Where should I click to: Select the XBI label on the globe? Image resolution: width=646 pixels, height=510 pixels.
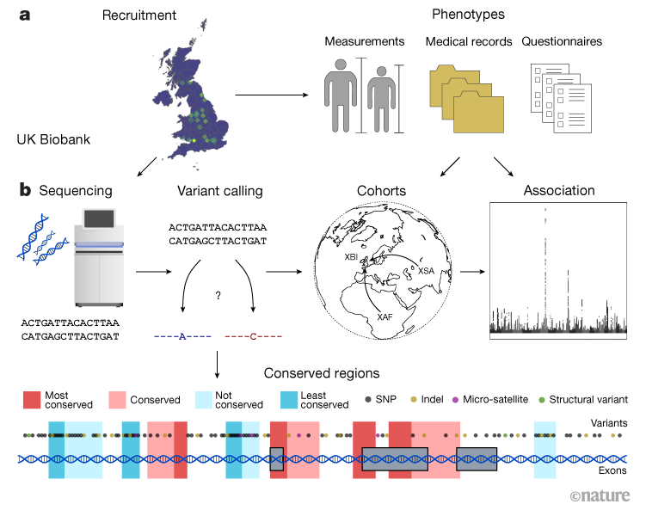[x=350, y=255]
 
